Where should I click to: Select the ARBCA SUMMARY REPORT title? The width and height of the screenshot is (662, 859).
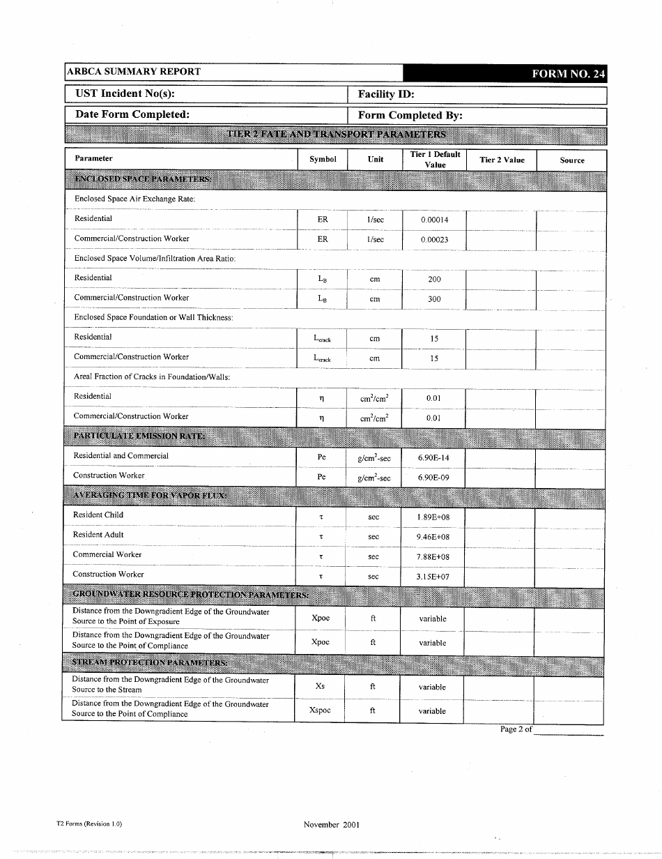pos(133,72)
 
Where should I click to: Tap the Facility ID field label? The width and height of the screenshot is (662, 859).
pos(386,94)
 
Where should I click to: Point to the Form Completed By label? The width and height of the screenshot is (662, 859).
pos(410,116)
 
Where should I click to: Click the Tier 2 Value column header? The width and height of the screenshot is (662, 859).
pos(502,160)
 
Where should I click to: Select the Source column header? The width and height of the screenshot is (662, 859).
pos(571,160)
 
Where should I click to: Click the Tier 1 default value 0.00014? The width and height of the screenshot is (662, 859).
pos(435,220)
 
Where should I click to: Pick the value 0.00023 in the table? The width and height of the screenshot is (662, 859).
pos(435,239)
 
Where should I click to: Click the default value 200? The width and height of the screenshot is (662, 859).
pos(434,279)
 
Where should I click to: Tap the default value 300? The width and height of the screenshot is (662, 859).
pos(434,298)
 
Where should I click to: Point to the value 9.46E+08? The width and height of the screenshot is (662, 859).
pos(433,537)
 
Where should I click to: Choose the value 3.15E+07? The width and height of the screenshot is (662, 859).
pos(433,577)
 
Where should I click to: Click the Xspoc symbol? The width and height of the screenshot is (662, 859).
pos(320,710)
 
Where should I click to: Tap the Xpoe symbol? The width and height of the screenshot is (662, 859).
pos(321,618)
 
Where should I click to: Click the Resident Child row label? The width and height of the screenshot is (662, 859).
pos(98,515)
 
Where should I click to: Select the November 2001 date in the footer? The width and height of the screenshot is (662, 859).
pos(332,824)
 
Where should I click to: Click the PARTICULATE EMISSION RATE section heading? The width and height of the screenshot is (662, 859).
pos(139,436)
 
